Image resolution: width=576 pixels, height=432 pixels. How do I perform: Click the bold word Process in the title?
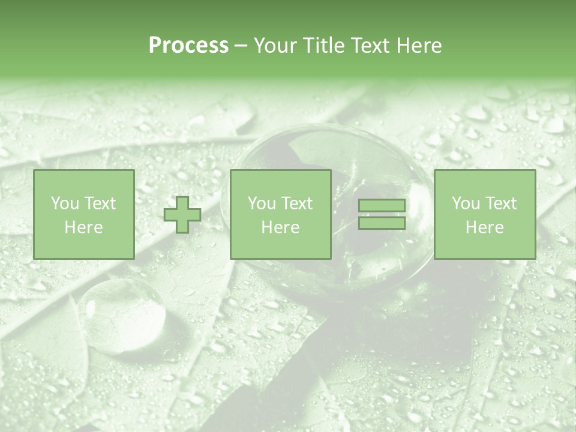[x=188, y=46]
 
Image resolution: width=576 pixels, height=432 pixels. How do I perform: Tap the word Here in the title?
[x=418, y=46]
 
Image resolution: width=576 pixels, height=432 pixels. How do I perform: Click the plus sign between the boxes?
[x=182, y=215]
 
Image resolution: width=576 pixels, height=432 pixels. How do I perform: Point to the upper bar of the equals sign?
[x=382, y=206]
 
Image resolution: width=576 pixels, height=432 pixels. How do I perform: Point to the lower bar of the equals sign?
[x=382, y=223]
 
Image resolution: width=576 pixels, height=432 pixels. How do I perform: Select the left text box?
[x=84, y=214]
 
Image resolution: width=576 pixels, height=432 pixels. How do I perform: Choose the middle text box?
[x=281, y=214]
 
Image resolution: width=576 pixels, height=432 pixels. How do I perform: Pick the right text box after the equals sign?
[x=485, y=214]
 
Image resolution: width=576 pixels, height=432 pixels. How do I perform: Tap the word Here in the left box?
[x=84, y=227]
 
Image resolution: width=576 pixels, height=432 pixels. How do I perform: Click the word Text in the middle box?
[x=296, y=203]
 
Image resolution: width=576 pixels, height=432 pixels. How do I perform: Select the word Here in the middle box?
[x=281, y=227]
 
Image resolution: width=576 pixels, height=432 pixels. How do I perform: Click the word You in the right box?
[x=466, y=203]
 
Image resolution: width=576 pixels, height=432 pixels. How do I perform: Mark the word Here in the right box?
[x=485, y=227]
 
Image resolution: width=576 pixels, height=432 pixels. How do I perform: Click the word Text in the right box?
[x=500, y=203]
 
